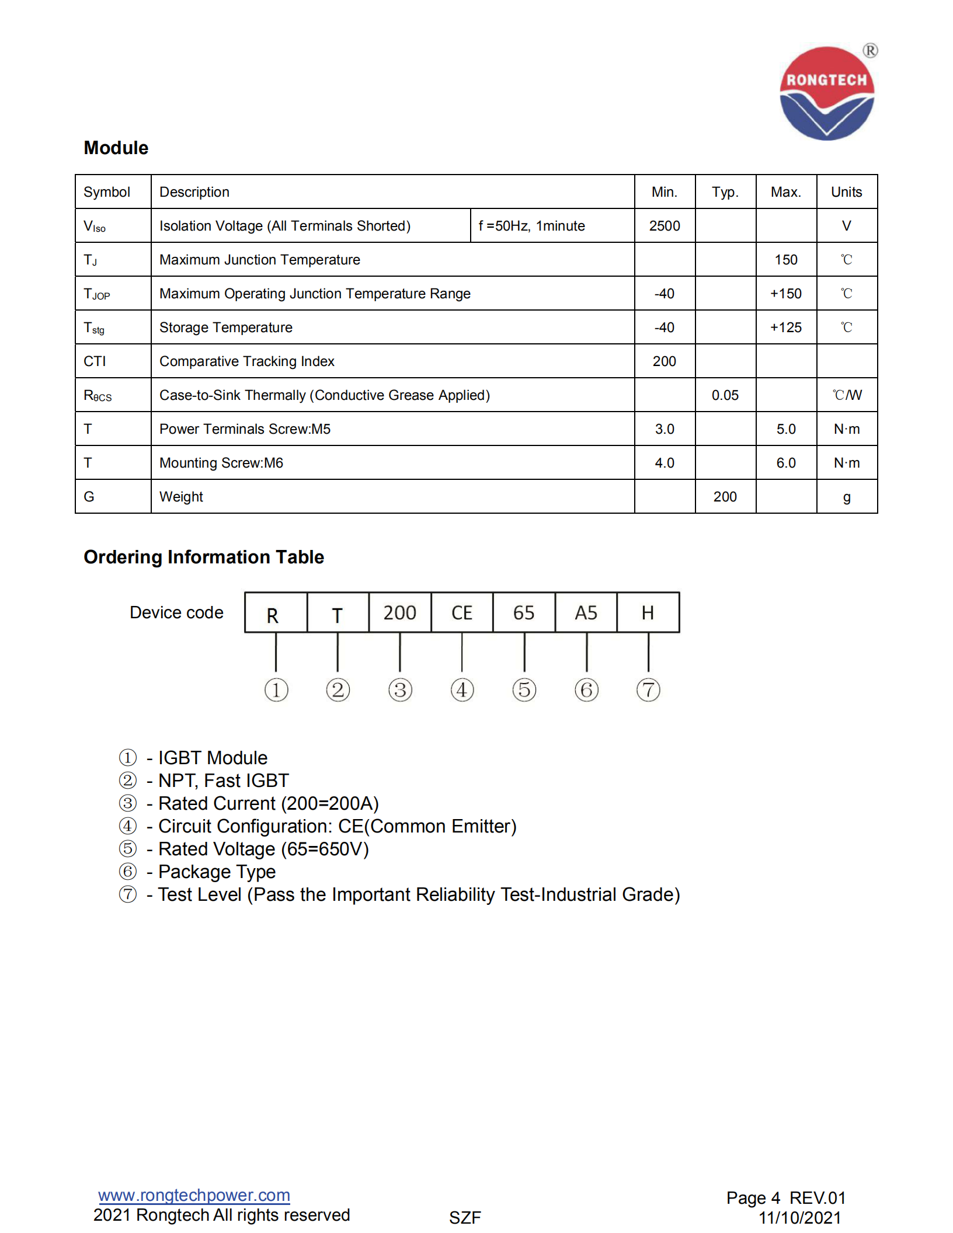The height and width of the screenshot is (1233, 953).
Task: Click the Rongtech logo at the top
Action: click(827, 93)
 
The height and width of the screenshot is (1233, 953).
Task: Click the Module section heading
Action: click(116, 148)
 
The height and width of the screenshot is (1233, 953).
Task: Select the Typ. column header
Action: click(725, 192)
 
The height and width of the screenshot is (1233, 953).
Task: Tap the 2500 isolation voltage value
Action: click(665, 226)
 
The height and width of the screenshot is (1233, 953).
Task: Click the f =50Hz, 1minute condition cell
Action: click(531, 226)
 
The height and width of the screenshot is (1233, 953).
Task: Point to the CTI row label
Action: click(95, 361)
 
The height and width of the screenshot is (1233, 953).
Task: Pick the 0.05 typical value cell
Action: click(725, 395)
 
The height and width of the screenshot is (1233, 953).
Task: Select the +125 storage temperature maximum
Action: click(786, 328)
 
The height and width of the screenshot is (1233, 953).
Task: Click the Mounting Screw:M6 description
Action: click(221, 463)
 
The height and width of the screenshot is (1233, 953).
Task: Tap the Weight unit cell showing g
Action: click(847, 497)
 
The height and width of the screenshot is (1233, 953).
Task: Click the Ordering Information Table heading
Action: click(204, 557)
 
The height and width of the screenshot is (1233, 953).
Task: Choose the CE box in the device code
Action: click(462, 612)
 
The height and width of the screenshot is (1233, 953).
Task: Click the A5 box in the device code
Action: click(586, 612)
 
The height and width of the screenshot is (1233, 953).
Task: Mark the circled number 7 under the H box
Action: click(648, 690)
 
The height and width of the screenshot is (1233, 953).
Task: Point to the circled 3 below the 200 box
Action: click(400, 690)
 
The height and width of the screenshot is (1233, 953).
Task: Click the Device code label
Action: click(176, 612)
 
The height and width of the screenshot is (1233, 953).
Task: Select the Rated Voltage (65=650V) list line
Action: click(263, 849)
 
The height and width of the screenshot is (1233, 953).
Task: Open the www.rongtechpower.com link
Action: click(194, 1195)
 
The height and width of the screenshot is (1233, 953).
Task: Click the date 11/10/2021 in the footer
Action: click(799, 1218)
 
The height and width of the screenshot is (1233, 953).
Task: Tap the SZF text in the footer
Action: click(465, 1218)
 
